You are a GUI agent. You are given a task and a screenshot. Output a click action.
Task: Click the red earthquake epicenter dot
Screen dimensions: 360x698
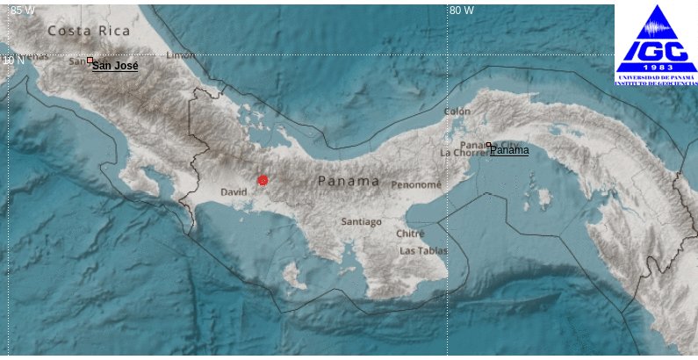coord(263,180)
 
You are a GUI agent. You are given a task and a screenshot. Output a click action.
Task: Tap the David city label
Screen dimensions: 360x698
coord(234,191)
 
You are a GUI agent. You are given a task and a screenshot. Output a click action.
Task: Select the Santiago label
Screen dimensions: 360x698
coord(361,222)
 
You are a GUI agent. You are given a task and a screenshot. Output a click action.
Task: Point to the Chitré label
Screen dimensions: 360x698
coord(410,234)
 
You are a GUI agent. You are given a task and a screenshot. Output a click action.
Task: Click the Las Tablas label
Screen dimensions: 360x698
coord(423,251)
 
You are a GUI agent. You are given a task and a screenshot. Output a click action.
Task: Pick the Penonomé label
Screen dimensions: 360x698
coord(415,185)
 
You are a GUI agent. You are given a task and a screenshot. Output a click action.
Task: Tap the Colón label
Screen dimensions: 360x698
coord(457,112)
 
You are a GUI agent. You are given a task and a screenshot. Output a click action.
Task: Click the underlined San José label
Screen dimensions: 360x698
coord(115,66)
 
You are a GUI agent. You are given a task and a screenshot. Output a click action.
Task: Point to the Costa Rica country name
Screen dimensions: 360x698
coord(89,31)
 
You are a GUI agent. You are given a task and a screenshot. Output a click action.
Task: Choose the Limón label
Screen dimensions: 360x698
coord(181,55)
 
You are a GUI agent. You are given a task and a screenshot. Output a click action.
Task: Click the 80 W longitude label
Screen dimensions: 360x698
coord(462,11)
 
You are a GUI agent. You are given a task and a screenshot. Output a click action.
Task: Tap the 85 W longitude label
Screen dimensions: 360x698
coord(24,11)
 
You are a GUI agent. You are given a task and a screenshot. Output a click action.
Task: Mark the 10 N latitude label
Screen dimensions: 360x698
coord(13,61)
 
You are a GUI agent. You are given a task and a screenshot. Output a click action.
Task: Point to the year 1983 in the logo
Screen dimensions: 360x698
coord(656,67)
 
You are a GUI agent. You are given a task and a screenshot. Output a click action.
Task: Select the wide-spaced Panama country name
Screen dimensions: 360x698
coord(349,181)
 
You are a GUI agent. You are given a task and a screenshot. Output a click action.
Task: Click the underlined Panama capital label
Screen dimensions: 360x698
coord(510,151)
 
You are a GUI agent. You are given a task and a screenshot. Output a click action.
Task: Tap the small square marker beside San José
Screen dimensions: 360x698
coord(90,61)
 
